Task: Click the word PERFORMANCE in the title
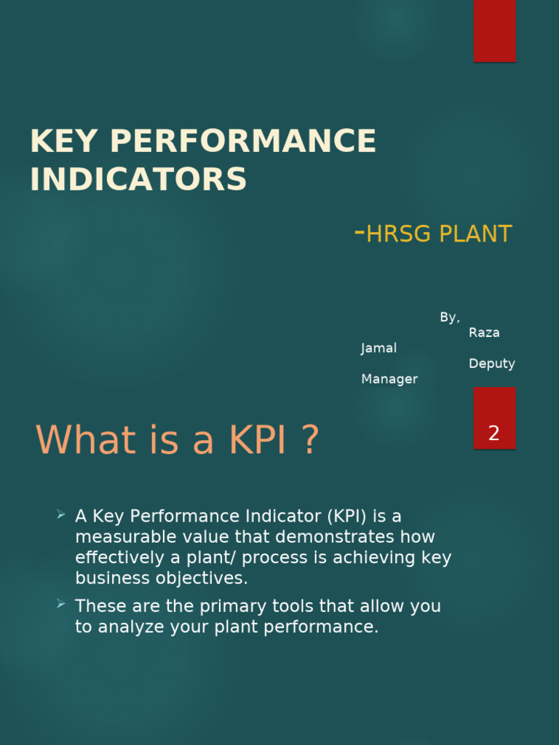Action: pos(243,141)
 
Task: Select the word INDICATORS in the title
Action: pos(138,179)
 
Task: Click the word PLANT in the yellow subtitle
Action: pos(475,234)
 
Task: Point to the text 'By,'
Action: pos(450,317)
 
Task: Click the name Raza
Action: pos(484,332)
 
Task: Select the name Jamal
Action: pos(379,348)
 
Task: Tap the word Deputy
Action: pos(492,363)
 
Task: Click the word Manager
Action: pos(389,379)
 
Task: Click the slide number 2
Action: pos(494,434)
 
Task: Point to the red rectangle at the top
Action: pos(495,31)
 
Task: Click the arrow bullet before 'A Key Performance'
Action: pos(61,515)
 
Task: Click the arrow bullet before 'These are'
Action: pos(61,605)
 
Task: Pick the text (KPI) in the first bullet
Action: pos(347,517)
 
